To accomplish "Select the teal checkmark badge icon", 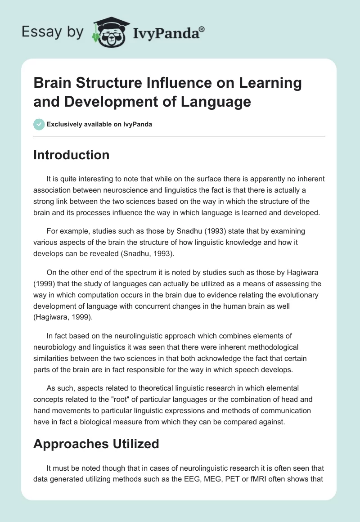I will [x=39, y=124].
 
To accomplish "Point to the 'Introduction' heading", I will [x=71, y=155].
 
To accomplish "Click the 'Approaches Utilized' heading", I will [x=96, y=444].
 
